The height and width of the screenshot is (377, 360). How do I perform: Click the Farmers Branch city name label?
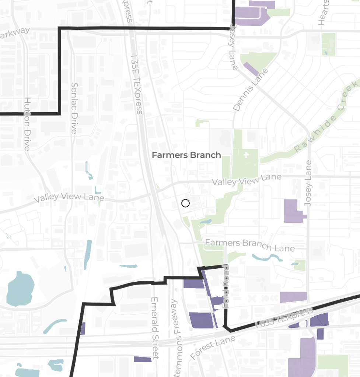(x=186, y=155)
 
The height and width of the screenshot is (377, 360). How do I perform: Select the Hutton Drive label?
(x=27, y=124)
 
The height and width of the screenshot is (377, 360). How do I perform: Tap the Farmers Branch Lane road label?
(x=250, y=245)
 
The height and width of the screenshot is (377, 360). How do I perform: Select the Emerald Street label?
(x=155, y=328)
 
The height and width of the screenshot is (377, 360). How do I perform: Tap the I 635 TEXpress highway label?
(x=284, y=319)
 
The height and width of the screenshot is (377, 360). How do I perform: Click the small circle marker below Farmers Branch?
(x=185, y=203)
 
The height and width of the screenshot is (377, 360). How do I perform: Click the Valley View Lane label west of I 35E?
(x=69, y=197)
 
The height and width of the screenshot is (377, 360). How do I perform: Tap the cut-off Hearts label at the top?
(x=323, y=13)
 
